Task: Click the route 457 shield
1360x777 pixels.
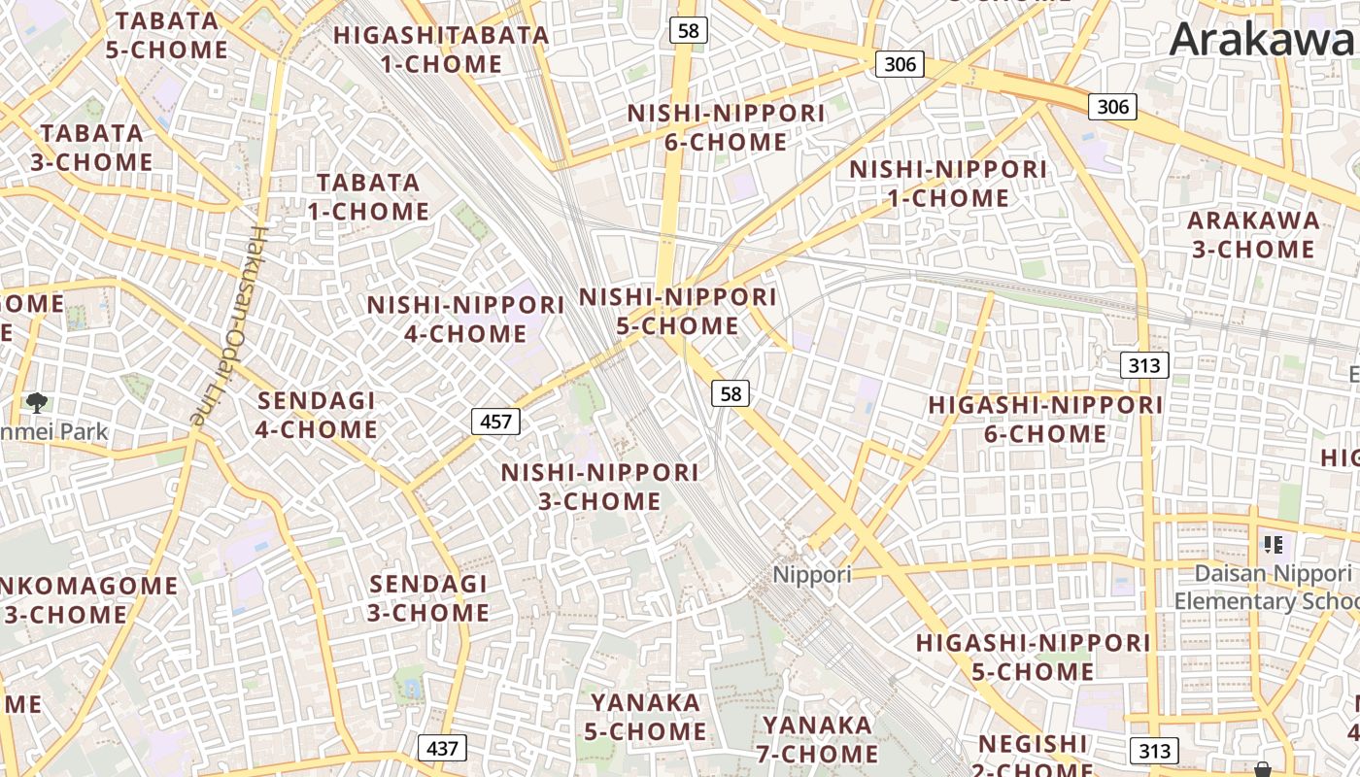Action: pos(495,421)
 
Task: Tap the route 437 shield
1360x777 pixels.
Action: pos(442,748)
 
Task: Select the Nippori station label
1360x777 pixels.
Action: pos(812,574)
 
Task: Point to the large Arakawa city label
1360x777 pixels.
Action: pos(1263,39)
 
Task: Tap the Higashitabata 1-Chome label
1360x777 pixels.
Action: pos(442,50)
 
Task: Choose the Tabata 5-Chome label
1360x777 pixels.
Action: pos(166,35)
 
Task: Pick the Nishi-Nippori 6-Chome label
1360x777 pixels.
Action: pos(726,127)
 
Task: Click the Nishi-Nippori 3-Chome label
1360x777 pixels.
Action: pos(599,487)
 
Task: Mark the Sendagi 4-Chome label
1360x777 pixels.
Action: pos(317,415)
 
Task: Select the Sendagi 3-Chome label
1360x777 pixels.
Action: pos(428,598)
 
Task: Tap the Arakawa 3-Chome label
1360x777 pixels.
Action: pos(1253,234)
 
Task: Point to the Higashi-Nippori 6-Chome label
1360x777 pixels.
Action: pos(1045,419)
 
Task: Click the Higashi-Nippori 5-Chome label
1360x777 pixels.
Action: pos(1033,657)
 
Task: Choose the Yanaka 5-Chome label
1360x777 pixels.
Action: pos(646,716)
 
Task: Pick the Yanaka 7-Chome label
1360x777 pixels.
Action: pos(818,739)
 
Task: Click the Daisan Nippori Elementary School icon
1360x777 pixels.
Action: pos(1273,545)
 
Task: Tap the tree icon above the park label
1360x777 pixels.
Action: pos(37,402)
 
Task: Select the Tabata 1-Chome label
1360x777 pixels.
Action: pos(368,196)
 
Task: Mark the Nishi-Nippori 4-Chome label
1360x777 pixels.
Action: pos(465,319)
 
